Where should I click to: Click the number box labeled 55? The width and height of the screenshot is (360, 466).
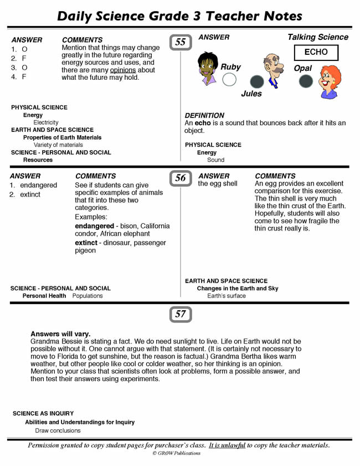[181, 42]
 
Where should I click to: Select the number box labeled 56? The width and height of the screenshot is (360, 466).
[181, 178]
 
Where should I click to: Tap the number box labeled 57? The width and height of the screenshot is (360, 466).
[181, 314]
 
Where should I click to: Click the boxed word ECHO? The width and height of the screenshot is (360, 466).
[316, 53]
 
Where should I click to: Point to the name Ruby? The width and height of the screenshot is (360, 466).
[230, 67]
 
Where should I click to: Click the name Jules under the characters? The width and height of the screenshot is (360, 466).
[251, 94]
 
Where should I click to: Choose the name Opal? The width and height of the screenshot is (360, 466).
[303, 68]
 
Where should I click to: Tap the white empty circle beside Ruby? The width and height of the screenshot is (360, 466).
[229, 80]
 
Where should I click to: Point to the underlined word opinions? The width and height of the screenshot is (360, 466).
[123, 70]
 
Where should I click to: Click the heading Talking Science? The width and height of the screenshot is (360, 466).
[317, 37]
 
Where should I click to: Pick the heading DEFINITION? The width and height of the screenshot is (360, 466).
[204, 115]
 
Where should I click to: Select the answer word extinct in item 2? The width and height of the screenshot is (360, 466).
[30, 194]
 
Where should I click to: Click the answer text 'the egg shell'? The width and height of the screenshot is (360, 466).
[218, 183]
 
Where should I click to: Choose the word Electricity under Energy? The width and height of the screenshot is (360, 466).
[46, 122]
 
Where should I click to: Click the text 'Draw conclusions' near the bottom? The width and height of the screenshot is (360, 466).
[58, 430]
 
